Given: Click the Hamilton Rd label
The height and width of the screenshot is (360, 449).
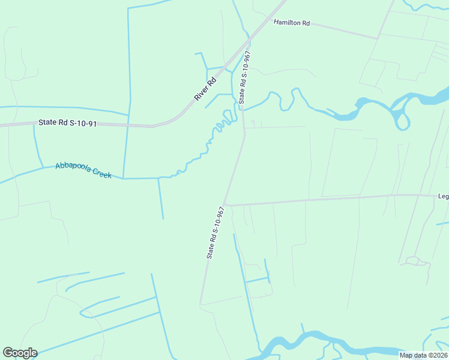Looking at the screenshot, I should (x=292, y=23).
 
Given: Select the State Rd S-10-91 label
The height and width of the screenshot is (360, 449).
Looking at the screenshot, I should (x=68, y=123).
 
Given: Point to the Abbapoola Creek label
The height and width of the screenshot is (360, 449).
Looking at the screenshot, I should (x=83, y=170).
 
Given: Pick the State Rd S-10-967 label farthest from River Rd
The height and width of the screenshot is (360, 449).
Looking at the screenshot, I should (x=215, y=233).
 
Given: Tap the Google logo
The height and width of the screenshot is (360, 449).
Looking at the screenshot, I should (x=20, y=353).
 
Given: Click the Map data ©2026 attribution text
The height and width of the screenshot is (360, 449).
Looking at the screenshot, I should (x=424, y=355).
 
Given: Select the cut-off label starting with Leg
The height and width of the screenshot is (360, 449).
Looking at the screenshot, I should (x=443, y=196).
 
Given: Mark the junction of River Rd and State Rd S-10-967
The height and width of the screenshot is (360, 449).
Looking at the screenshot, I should (x=249, y=40).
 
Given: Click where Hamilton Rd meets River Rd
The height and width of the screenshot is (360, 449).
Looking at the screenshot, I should (x=268, y=20).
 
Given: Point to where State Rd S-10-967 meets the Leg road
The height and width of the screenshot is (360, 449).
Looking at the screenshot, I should (x=224, y=205).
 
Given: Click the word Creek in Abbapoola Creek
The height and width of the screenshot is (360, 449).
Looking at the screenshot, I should (x=100, y=173).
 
